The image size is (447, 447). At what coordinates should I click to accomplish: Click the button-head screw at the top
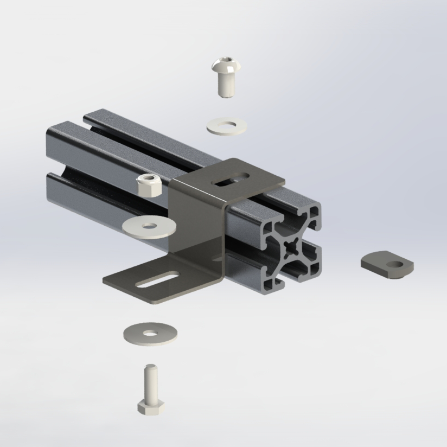pyautogui.click(x=226, y=77)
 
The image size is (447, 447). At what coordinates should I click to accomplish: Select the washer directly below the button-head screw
pyautogui.click(x=225, y=126)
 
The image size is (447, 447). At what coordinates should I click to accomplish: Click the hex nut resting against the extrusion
pyautogui.click(x=147, y=186)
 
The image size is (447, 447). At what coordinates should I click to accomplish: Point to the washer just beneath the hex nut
pyautogui.click(x=149, y=226)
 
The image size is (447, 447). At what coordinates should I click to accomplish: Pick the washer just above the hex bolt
pyautogui.click(x=150, y=333)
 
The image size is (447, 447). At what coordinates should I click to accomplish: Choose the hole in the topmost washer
pyautogui.click(x=224, y=124)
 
